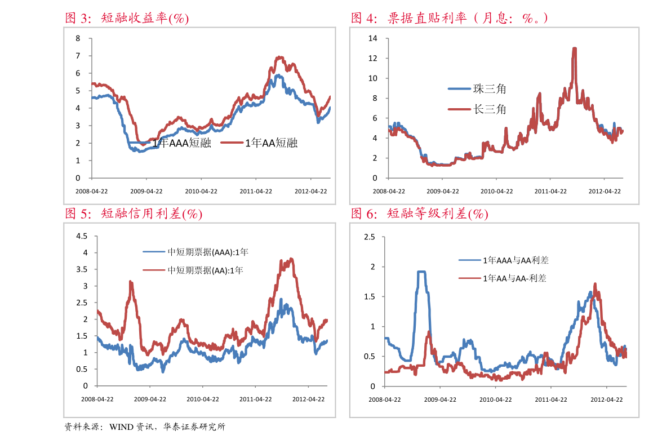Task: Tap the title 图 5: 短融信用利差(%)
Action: pos(134,214)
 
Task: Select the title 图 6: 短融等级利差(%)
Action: pos(419,214)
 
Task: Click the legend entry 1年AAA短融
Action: pos(181,143)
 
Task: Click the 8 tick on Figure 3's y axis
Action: pos(78,38)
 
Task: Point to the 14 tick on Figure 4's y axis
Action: pos(372,38)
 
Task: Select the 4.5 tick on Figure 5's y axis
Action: pos(82,236)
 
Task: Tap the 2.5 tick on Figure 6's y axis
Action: pos(370,237)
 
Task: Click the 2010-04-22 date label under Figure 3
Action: pos(201,191)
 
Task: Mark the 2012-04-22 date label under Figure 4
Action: pos(605,191)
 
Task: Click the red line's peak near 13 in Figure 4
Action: pos(574,49)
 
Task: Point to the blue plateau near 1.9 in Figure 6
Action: pos(421,272)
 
